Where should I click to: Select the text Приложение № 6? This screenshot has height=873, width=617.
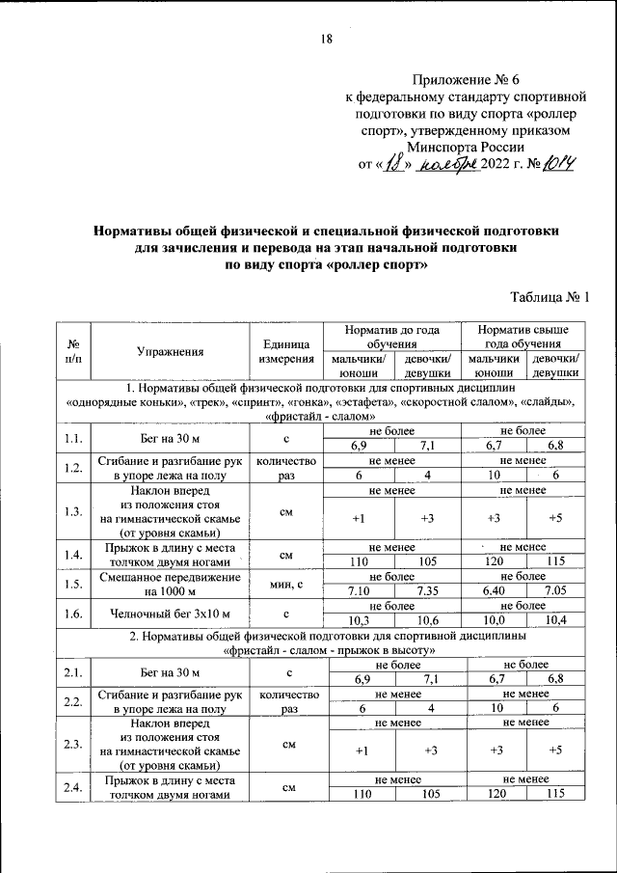pyautogui.click(x=467, y=79)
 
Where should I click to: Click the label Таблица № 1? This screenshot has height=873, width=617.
pyautogui.click(x=547, y=297)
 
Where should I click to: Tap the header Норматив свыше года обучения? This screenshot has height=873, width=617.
pyautogui.click(x=523, y=337)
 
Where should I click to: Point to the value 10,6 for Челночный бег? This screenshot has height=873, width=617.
pyautogui.click(x=428, y=620)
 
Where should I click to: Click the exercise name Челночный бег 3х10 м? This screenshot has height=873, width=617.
pyautogui.click(x=170, y=613)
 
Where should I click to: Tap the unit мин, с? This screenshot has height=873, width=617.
pyautogui.click(x=286, y=583)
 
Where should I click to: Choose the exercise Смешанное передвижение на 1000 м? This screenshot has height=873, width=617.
pyautogui.click(x=170, y=583)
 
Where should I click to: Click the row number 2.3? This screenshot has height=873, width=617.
pyautogui.click(x=72, y=743)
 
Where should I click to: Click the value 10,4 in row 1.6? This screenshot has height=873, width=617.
pyautogui.click(x=555, y=620)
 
